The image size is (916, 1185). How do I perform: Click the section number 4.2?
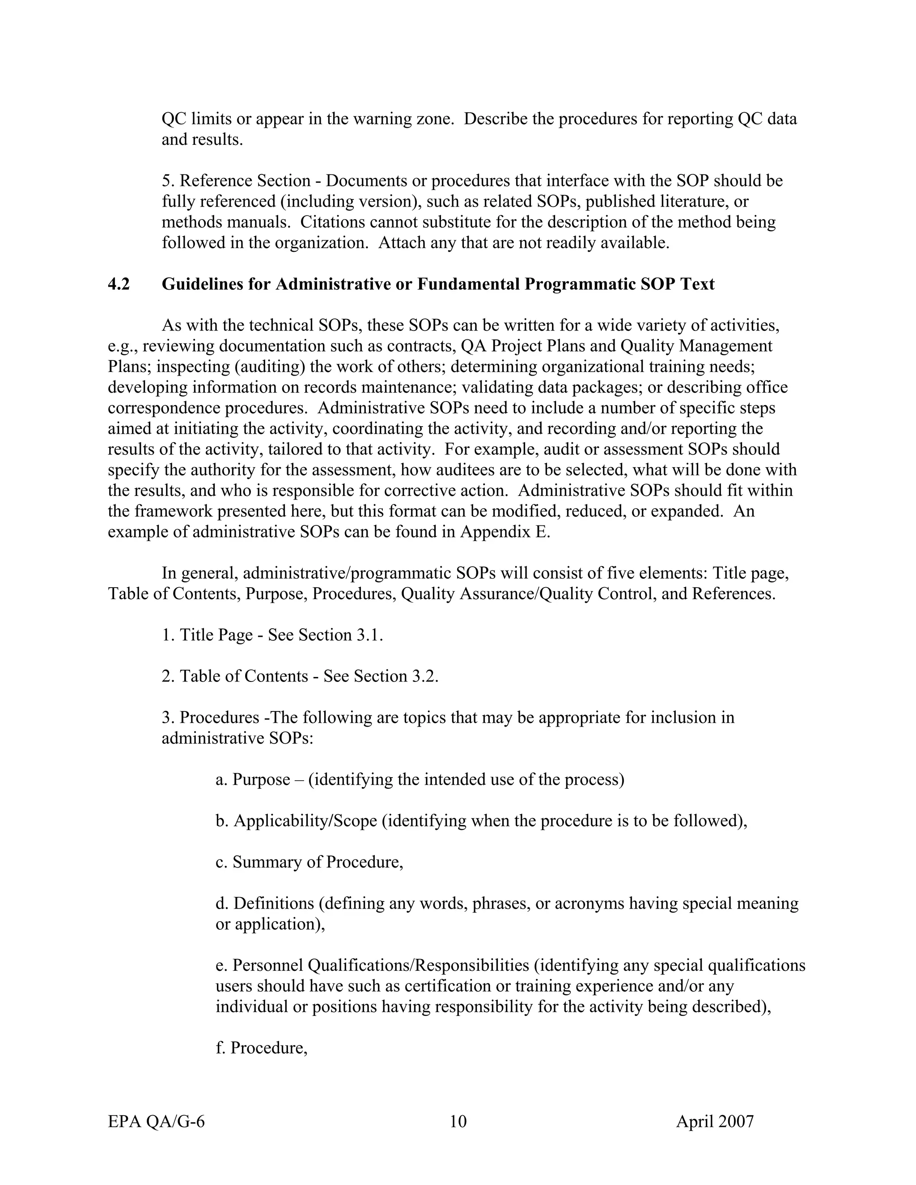tap(119, 284)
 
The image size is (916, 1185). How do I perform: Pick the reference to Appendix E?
tap(505, 532)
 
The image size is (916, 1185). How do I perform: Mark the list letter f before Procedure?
tap(219, 1048)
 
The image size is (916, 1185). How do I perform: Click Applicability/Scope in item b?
tap(305, 821)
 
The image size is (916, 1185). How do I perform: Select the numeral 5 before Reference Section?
tap(166, 181)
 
